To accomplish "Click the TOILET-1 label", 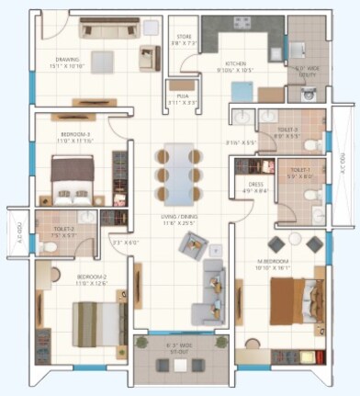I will coord(300,173).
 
